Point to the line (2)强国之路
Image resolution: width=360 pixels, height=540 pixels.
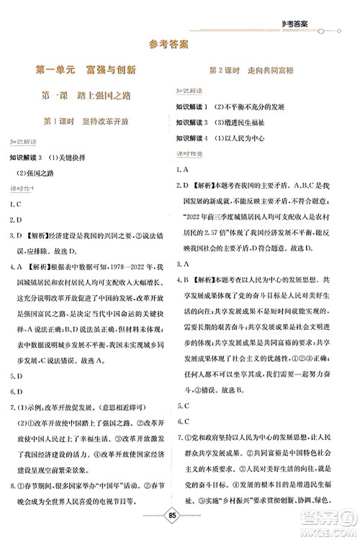(x=37, y=171)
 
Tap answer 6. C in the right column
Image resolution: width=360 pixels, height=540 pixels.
(x=183, y=402)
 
